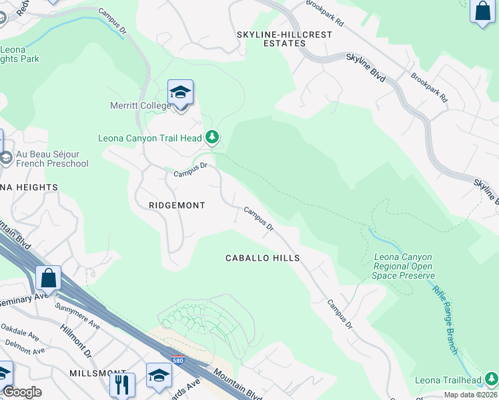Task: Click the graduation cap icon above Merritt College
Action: click(180, 92)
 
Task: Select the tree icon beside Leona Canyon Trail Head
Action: click(212, 137)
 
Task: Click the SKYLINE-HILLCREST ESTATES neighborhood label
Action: click(271, 39)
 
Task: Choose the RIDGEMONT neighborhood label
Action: click(177, 205)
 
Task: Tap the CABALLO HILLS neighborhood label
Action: click(262, 258)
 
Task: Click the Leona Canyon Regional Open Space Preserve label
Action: click(404, 266)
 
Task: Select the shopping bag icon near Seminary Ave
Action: click(48, 277)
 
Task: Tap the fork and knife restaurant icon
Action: click(122, 384)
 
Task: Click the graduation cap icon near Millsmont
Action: click(159, 375)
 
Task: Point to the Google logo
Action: click(22, 392)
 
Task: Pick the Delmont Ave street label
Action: click(25, 346)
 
